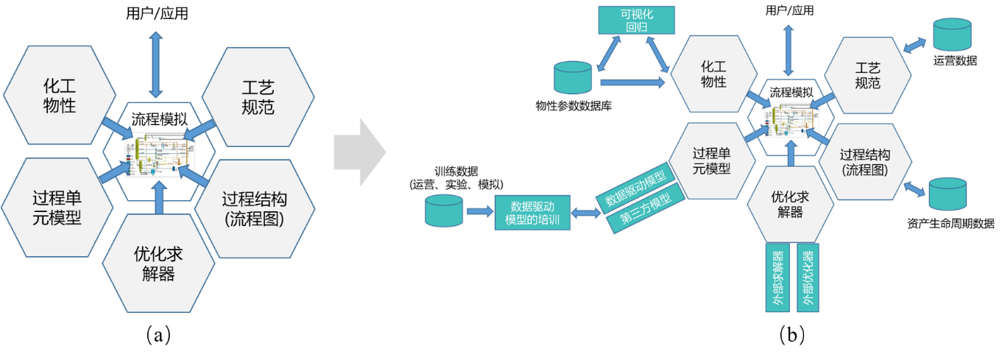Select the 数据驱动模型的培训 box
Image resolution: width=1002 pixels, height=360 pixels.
532,213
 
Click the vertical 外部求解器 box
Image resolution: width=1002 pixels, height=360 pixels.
777,278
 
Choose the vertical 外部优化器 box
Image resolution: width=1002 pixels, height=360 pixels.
808,278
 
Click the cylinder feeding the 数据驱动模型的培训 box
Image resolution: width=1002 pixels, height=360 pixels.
445,211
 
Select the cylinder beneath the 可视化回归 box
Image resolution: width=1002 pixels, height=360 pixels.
573,77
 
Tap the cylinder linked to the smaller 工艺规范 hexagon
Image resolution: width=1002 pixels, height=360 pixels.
951,35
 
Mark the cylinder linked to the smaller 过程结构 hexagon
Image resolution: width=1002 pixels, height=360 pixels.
947,194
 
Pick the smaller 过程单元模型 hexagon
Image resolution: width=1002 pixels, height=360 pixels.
712,160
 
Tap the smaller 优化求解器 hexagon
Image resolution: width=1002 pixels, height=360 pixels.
790,204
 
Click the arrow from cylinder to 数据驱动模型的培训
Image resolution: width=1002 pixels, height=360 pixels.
479,212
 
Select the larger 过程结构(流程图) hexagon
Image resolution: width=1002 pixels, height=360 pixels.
254,208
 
